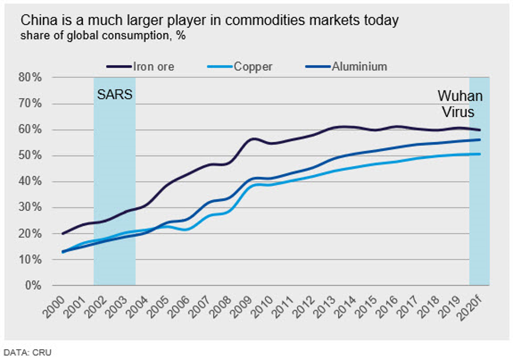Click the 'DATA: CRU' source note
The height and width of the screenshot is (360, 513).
pos(27,352)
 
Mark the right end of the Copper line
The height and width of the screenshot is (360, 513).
pos(479,154)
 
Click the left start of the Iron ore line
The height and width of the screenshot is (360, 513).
pos(63,233)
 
